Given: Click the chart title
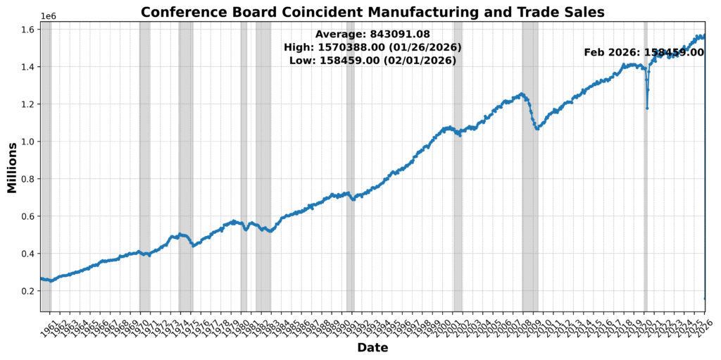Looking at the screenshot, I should click(372, 11).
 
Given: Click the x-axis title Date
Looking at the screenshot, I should click(372, 347).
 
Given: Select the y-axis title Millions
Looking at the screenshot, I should click(12, 167).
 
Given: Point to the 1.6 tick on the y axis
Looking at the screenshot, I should click(29, 30).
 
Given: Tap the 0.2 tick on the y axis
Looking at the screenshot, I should click(29, 291).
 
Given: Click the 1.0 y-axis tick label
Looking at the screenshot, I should click(29, 142).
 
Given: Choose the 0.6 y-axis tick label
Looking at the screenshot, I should click(29, 216).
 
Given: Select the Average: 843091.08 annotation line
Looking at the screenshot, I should click(372, 34).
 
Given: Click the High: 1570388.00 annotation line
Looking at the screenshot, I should click(372, 47).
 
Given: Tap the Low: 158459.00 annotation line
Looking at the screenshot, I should click(372, 61).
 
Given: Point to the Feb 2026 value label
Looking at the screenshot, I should click(644, 52).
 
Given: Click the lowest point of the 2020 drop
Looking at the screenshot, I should click(647, 108).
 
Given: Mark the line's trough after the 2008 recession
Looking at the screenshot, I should click(537, 129).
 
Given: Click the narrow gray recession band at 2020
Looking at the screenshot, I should click(645, 211).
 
